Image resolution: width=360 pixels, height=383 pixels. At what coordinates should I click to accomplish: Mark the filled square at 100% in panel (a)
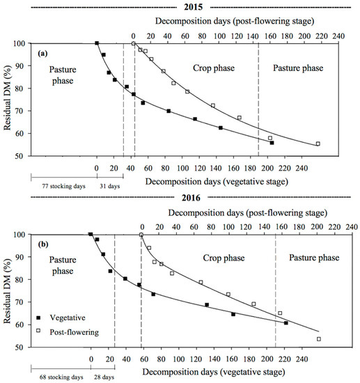click(x=97, y=43)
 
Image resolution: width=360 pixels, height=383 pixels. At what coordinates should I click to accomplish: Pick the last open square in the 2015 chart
click(x=318, y=144)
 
